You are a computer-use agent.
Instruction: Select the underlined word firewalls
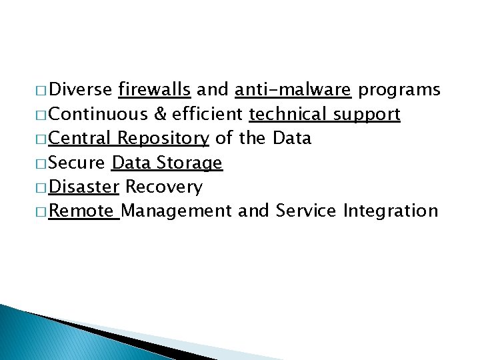[x=155, y=90]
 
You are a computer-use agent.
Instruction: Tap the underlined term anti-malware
[x=293, y=90]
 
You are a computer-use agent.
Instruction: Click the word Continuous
[x=98, y=115]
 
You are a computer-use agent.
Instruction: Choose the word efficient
[x=207, y=115]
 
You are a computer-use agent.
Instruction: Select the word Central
[x=80, y=139]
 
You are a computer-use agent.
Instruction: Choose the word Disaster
[x=83, y=187]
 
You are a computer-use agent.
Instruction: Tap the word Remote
[x=81, y=212]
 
